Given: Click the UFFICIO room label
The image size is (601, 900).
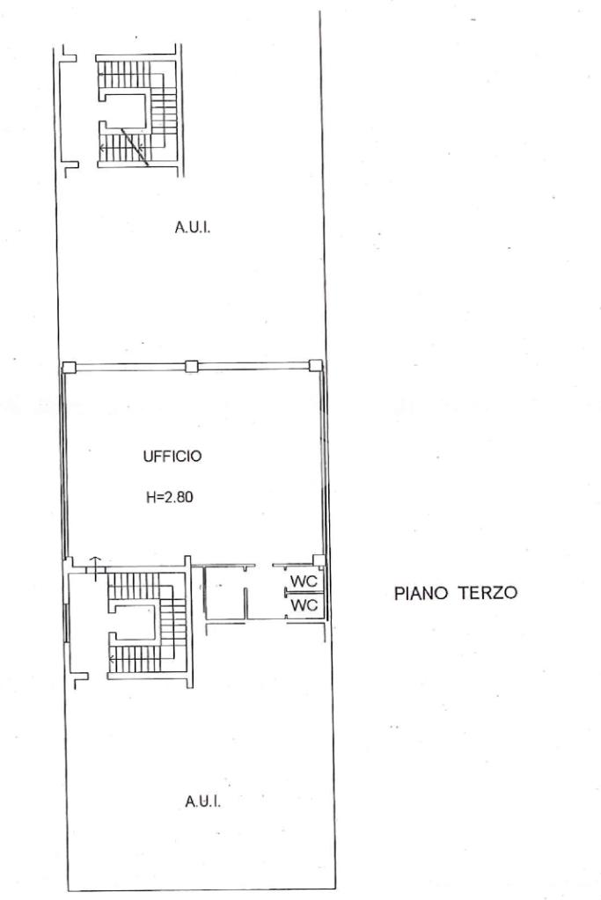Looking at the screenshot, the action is (x=172, y=457).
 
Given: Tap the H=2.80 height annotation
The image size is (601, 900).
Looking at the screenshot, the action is (x=169, y=497).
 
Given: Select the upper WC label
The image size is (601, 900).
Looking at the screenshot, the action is (x=304, y=581).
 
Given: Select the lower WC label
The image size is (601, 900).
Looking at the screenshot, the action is (x=304, y=605).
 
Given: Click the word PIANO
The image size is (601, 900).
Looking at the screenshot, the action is (x=421, y=592).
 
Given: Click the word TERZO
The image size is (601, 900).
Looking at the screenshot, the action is (x=487, y=592).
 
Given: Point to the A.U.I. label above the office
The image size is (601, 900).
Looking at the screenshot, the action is (x=193, y=227).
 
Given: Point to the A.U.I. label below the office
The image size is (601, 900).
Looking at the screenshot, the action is (x=203, y=801).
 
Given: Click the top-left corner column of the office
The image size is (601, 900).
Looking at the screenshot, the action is (x=69, y=367).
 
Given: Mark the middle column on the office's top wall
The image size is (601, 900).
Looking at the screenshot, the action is (x=192, y=366).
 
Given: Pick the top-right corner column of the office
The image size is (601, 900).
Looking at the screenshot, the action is (x=316, y=366).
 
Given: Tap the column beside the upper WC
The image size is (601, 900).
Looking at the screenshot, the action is (x=319, y=560).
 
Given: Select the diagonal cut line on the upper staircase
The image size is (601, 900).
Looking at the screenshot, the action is (x=135, y=148).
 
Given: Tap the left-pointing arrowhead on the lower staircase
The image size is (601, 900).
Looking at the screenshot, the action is (x=111, y=658).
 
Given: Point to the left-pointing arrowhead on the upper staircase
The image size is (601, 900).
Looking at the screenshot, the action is (x=101, y=149).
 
